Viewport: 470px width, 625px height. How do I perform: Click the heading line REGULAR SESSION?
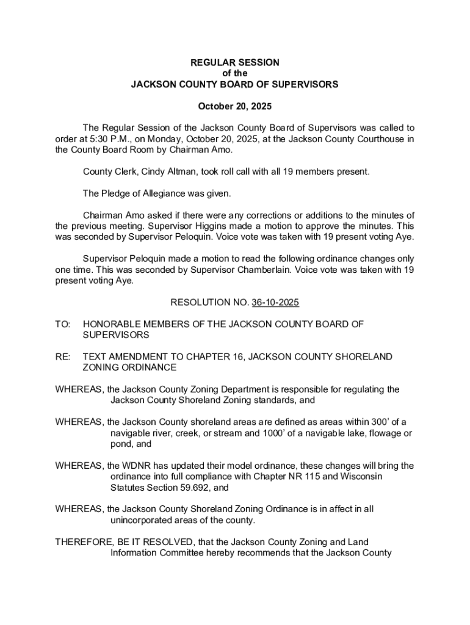click(235, 62)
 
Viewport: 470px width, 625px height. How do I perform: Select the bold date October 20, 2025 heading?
click(235, 106)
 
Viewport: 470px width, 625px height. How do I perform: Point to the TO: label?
click(63, 325)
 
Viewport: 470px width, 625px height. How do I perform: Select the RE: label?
click(63, 356)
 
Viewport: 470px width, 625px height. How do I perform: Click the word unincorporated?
click(139, 521)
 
